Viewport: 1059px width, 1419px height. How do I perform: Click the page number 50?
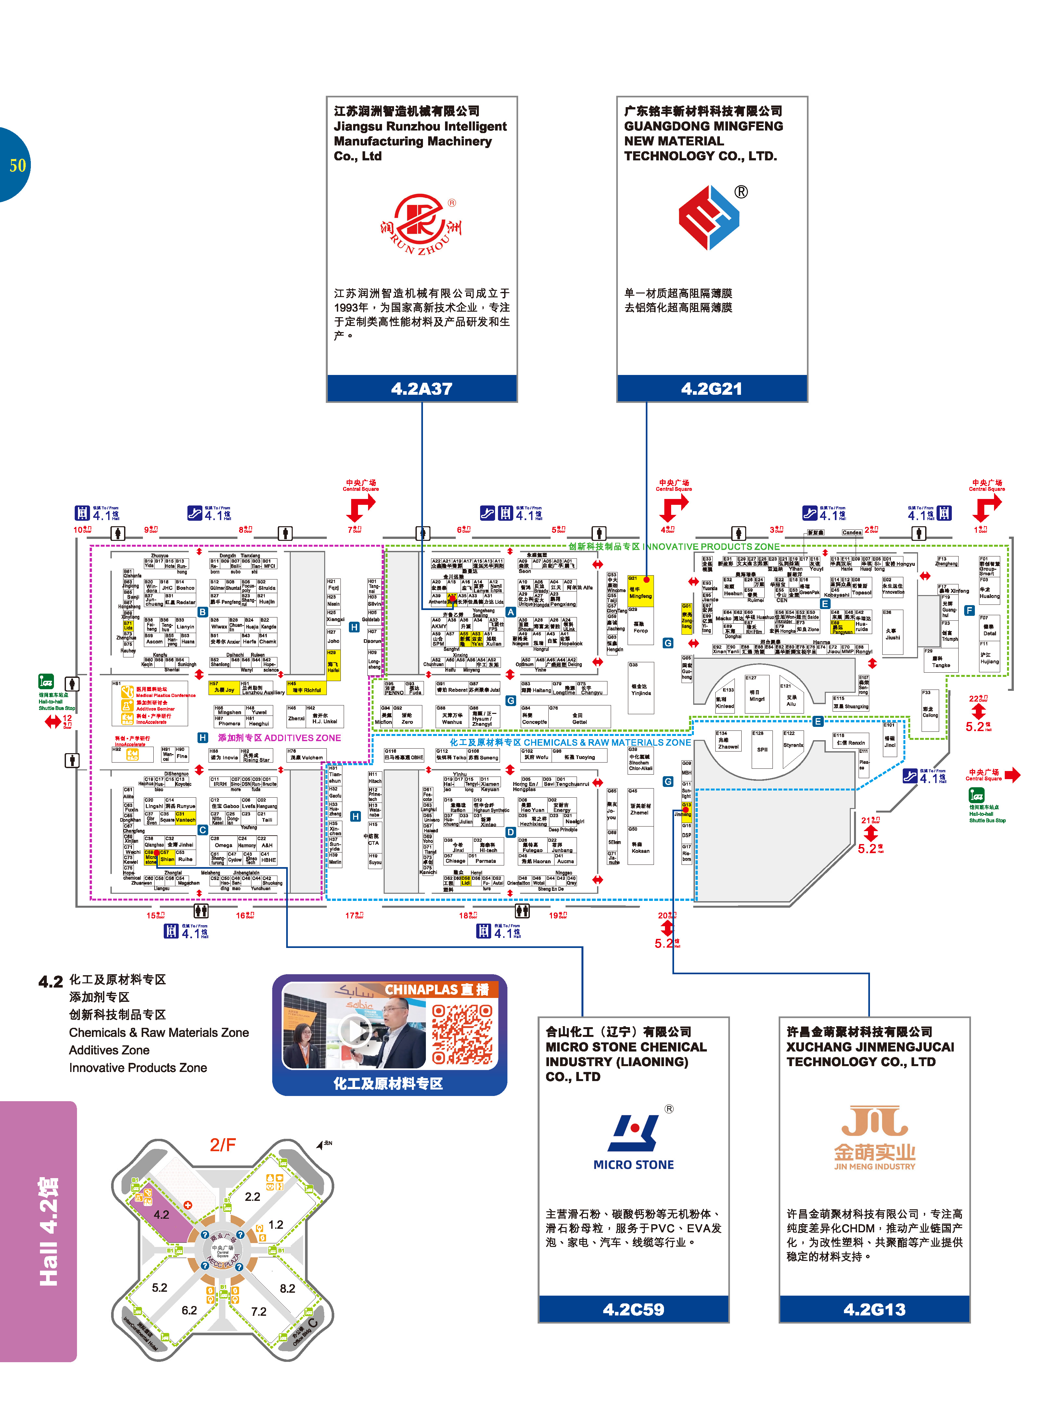click(x=17, y=165)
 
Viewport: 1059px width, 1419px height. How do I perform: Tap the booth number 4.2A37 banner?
click(x=421, y=388)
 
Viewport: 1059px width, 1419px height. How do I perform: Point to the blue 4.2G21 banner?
click(x=711, y=388)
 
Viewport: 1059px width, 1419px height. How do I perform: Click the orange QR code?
click(x=462, y=1033)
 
